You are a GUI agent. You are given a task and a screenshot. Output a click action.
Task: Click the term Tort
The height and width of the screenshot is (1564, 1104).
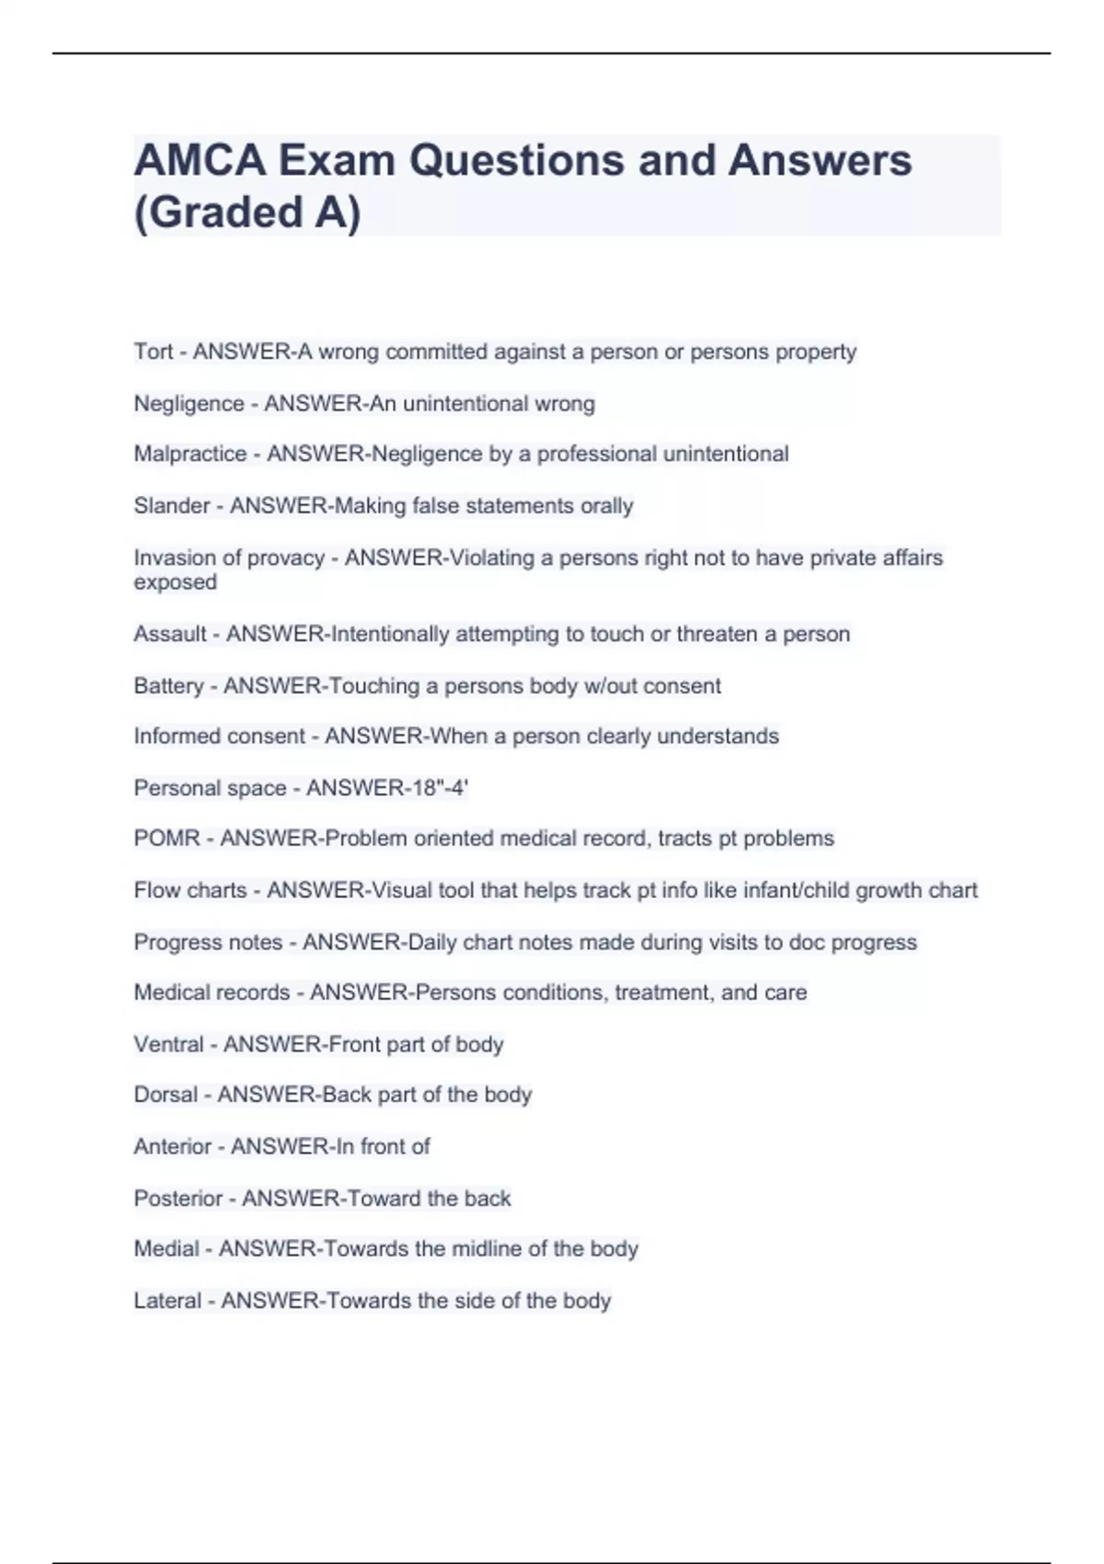coord(153,351)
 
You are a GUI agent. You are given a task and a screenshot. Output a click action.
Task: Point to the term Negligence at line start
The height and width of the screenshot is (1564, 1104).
coord(189,404)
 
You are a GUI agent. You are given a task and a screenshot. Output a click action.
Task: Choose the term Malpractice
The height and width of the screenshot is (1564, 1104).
coord(190,454)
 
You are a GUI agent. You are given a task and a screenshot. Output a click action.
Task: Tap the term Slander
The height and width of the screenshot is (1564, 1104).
coord(171,506)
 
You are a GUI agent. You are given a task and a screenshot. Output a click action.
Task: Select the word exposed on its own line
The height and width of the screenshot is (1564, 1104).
coord(175,582)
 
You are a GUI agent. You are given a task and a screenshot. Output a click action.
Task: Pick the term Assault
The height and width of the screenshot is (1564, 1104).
coord(170,634)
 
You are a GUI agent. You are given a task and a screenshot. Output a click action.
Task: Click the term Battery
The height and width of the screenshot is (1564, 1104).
coord(168,685)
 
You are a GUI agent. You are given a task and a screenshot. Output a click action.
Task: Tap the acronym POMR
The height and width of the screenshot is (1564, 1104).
coord(167,839)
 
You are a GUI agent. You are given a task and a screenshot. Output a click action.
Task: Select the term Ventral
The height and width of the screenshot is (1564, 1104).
coord(168,1044)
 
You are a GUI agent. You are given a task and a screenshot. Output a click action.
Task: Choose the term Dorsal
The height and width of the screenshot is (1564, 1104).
coord(166,1095)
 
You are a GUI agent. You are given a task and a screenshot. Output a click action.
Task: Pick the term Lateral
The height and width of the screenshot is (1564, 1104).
coord(167,1301)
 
